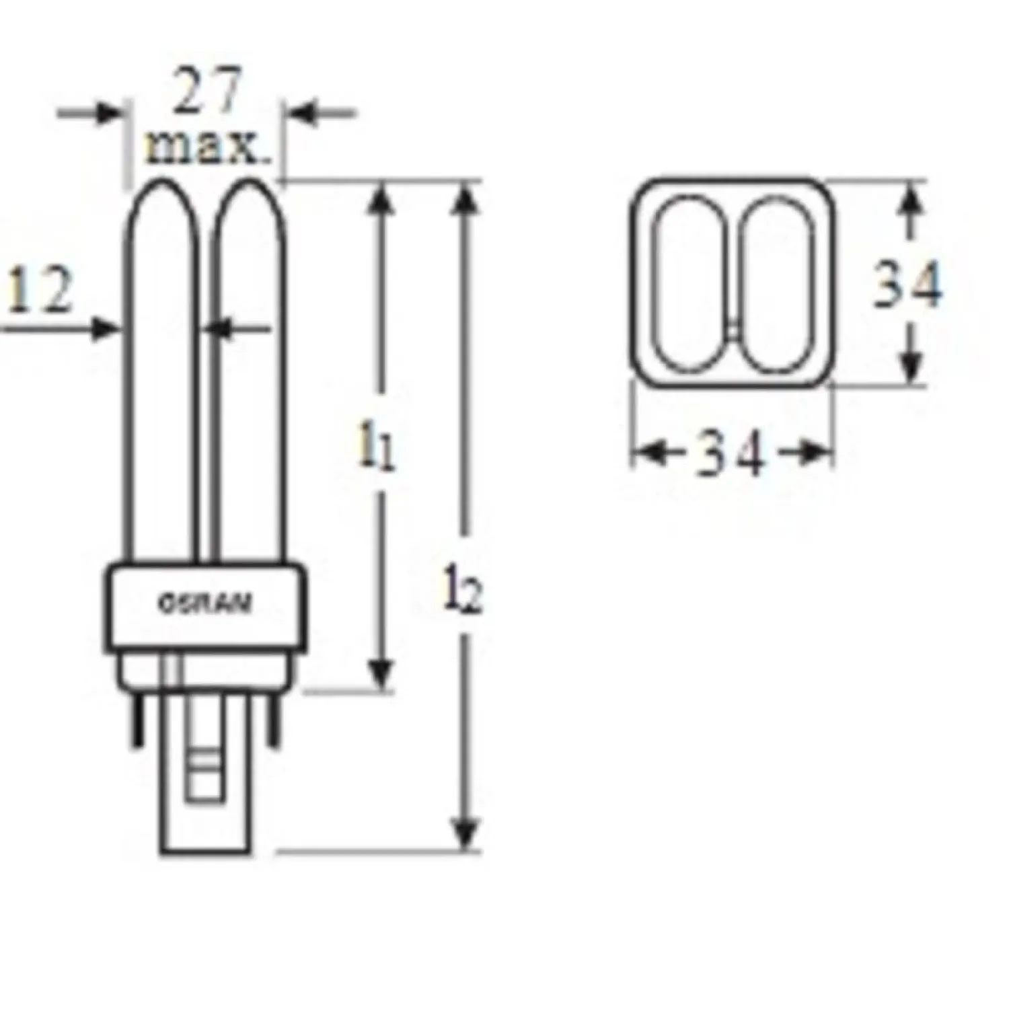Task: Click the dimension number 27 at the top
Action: click(207, 91)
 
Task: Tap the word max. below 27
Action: click(207, 148)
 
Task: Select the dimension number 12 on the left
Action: click(38, 291)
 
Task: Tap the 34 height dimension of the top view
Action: click(907, 286)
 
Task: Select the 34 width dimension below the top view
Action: click(731, 455)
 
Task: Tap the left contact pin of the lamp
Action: click(138, 721)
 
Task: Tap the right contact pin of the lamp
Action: click(273, 721)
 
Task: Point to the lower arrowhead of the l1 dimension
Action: click(381, 676)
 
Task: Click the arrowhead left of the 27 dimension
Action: click(108, 113)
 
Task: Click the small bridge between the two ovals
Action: click(735, 330)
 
